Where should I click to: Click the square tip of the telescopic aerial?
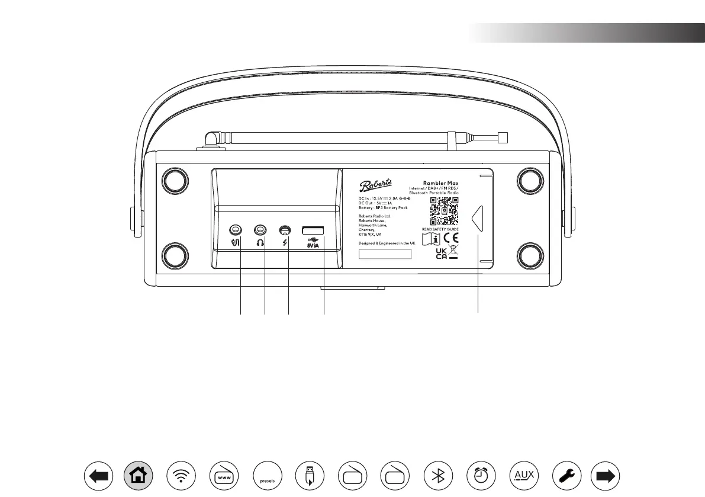504,137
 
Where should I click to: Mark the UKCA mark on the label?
442,254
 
